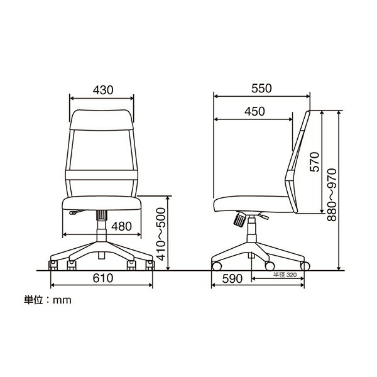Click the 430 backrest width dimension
103,90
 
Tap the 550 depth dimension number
261,88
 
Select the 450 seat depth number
254,111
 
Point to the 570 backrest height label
315,162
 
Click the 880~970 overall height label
332,195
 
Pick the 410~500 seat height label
161,234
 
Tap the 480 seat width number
122,226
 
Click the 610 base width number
103,278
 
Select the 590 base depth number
232,279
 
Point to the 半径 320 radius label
285,275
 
